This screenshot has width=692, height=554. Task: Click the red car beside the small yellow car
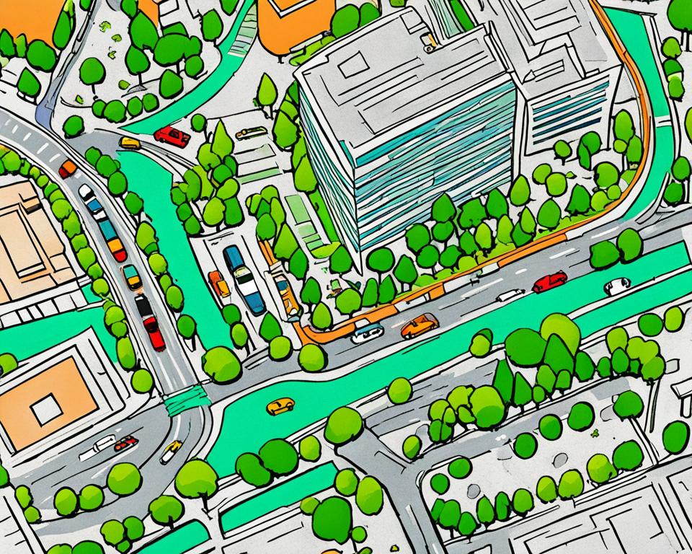172,136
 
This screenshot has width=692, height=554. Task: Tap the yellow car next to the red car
130,143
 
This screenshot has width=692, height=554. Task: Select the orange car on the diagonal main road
420,326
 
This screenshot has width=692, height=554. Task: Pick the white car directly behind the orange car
368,333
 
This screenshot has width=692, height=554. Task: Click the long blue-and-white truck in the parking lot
243,279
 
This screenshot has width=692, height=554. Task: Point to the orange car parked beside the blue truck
219,283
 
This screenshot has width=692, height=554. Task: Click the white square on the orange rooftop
46,410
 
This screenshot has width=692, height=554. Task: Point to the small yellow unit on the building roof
428,43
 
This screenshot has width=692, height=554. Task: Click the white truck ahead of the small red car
98,447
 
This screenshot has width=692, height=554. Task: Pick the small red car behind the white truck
126,442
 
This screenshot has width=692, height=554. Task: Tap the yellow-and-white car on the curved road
171,452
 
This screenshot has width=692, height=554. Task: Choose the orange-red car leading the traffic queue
68,168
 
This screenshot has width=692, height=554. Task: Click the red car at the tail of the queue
154,333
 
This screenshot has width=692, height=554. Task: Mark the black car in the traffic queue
143,306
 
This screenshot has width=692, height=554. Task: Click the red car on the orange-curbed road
550,281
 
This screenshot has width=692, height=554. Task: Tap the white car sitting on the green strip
617,286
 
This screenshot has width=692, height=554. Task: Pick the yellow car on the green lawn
280,406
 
